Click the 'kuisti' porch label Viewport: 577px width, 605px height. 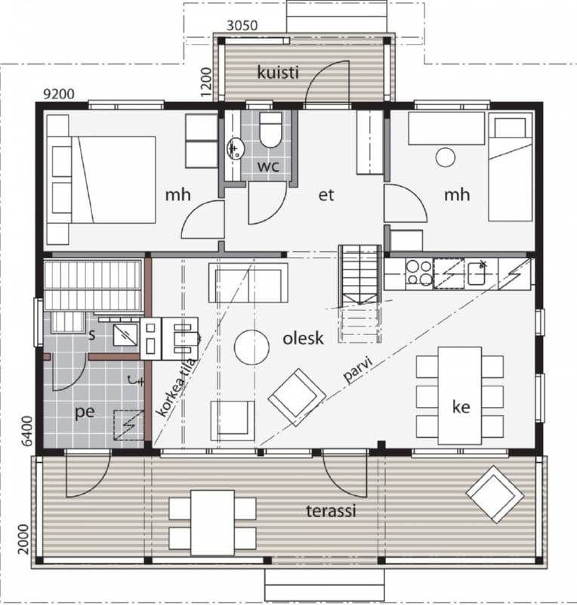277,72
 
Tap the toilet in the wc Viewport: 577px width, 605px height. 270,129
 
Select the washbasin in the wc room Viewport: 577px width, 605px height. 236,148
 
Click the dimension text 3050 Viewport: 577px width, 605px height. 242,26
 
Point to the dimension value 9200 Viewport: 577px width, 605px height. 59,94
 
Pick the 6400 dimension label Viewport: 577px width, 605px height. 27,431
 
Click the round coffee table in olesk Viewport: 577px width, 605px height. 251,347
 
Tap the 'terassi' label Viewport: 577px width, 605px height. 331,511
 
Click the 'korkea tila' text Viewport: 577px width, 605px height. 175,387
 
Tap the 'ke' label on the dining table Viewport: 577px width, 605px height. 461,407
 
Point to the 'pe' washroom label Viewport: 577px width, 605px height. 85,412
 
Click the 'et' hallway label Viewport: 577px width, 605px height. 326,195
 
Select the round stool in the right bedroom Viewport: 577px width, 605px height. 445,157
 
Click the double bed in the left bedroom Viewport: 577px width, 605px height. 102,180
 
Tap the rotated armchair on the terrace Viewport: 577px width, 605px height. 495,494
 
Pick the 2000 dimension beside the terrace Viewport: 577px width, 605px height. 23,538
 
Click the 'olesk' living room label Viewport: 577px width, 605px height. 303,338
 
